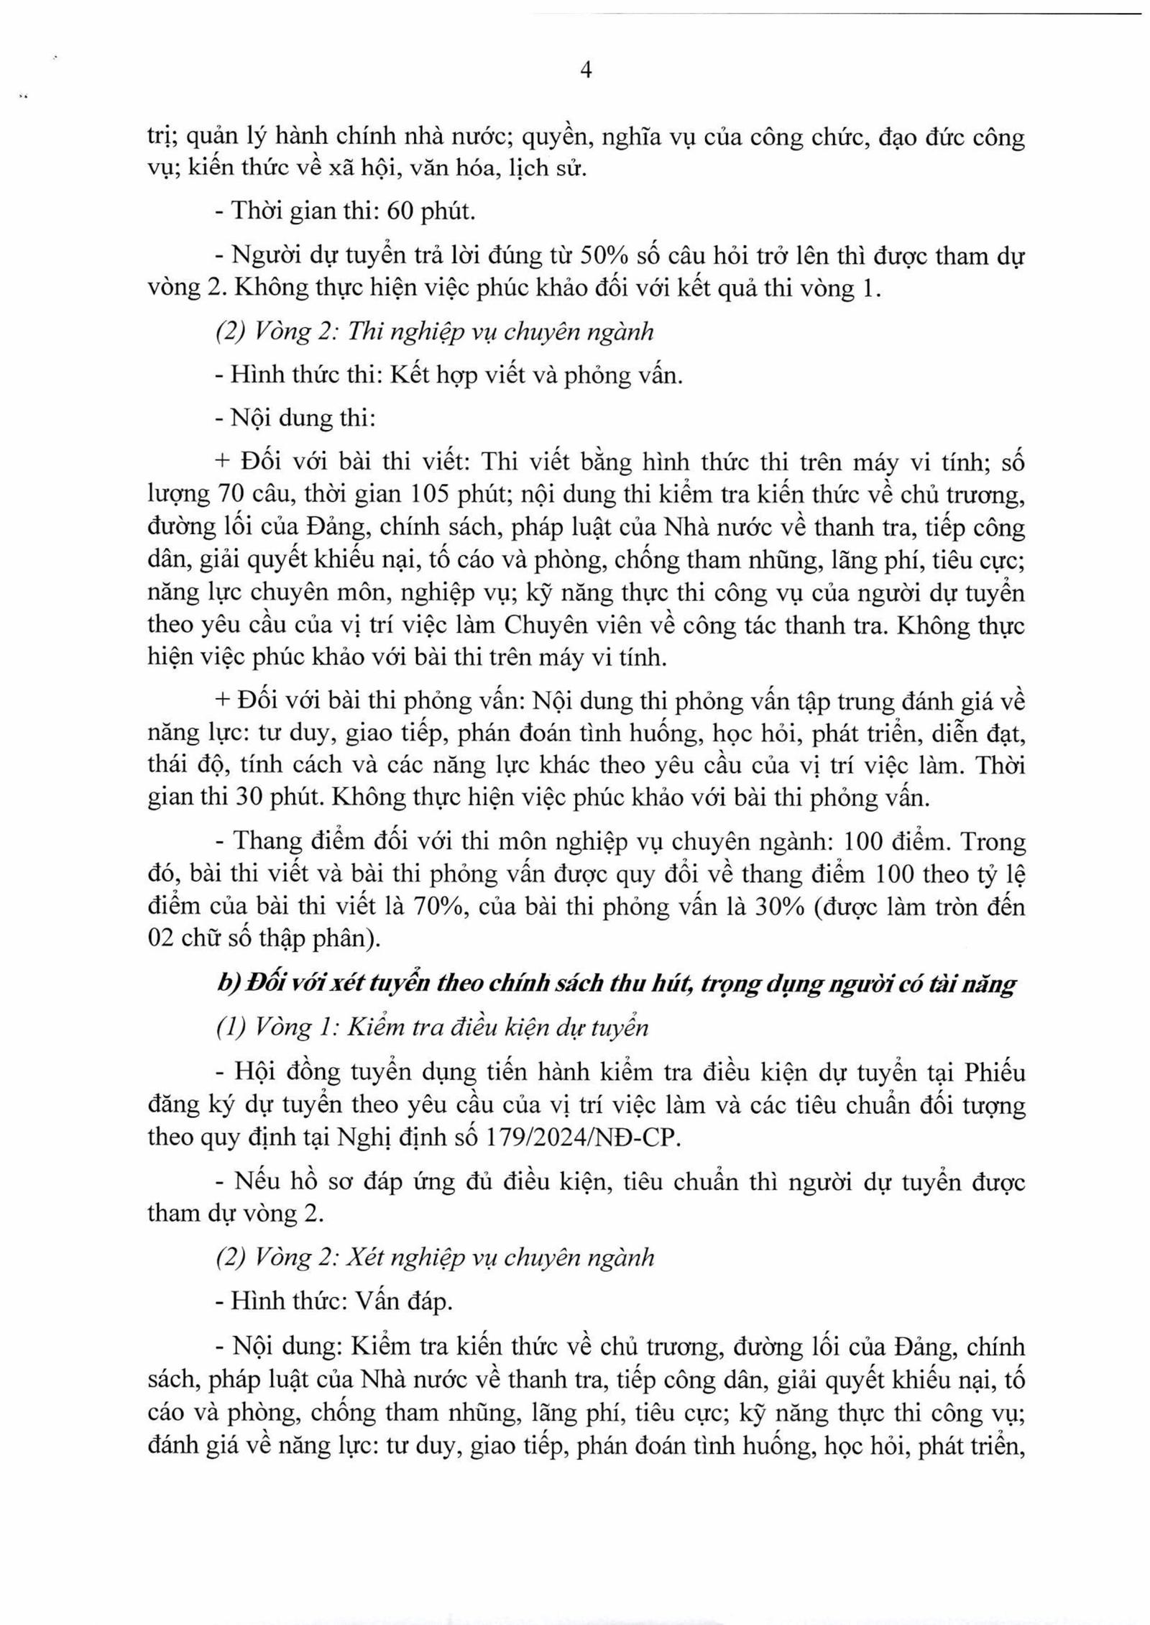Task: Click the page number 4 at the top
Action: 585,71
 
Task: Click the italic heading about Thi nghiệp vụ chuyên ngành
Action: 435,331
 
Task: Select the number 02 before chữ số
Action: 162,939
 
